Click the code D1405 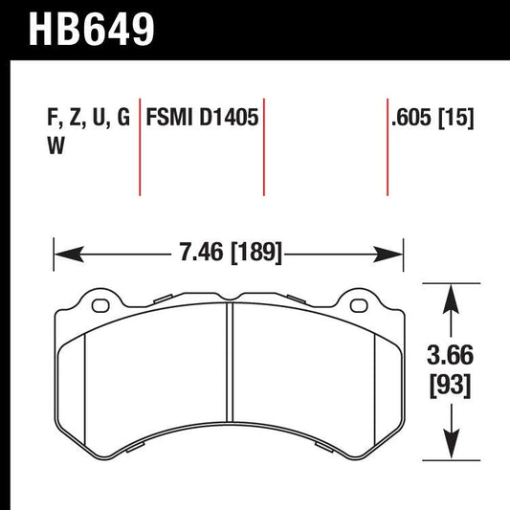(228, 120)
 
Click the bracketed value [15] (458, 120)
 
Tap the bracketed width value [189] (251, 255)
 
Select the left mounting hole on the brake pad (99, 306)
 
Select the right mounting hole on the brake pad (359, 306)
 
